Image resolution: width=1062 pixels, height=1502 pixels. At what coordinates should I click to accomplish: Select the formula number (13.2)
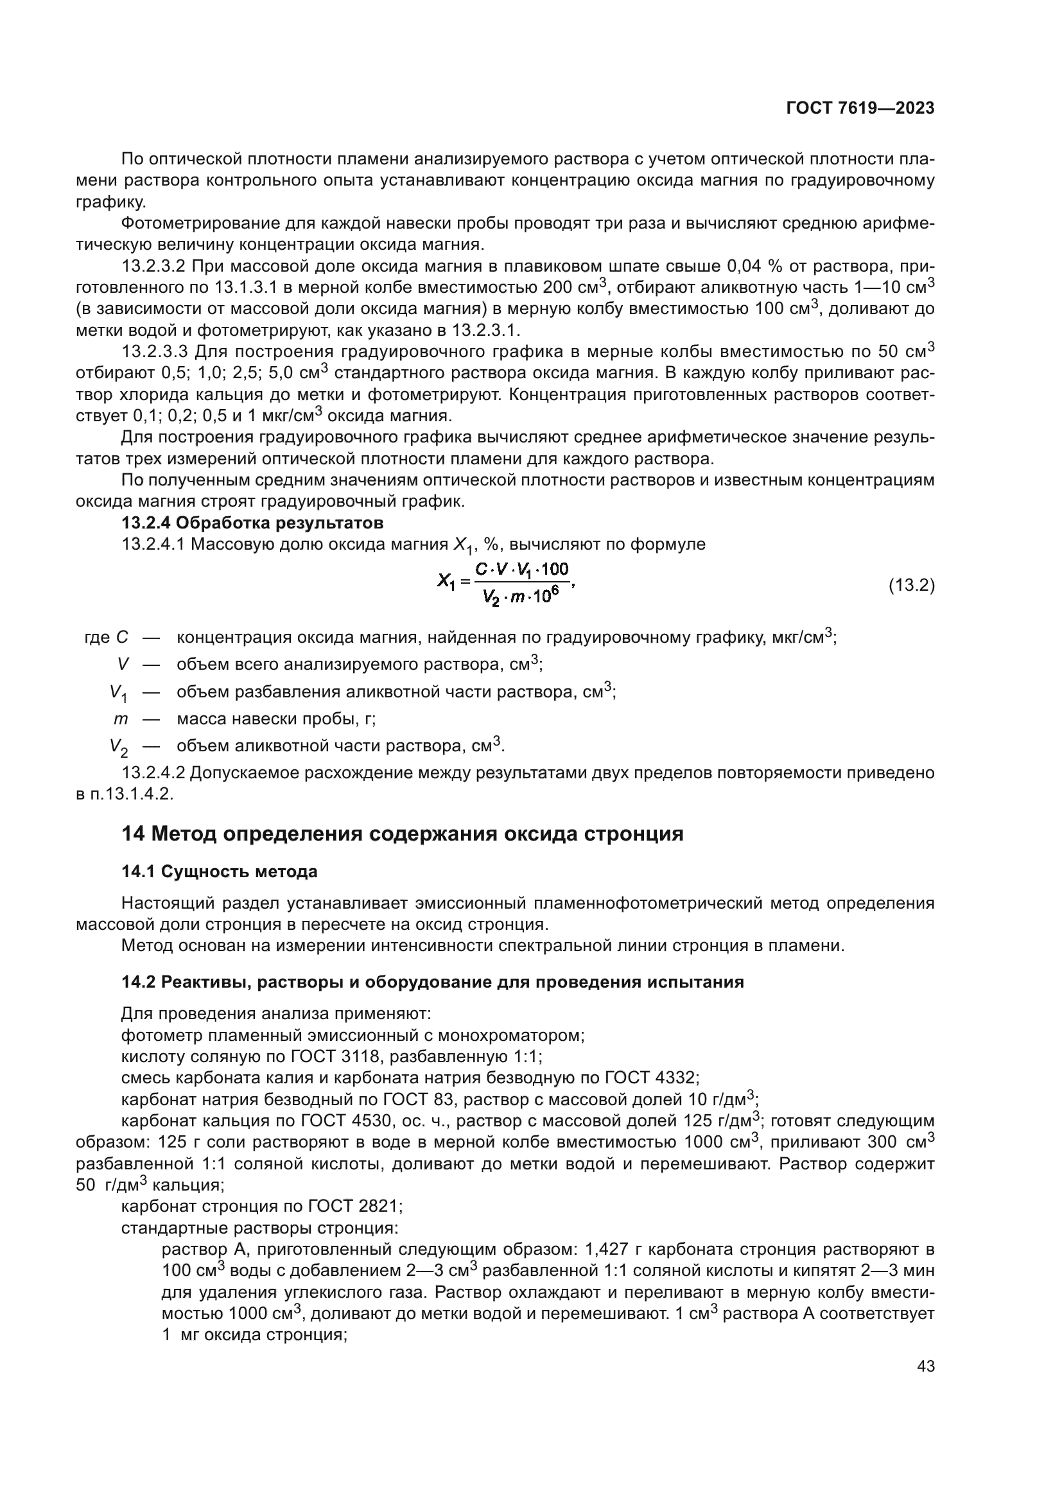pyautogui.click(x=911, y=586)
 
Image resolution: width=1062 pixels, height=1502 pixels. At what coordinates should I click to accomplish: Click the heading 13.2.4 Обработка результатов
pyautogui.click(x=252, y=523)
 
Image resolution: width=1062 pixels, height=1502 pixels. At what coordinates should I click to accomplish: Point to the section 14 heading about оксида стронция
pyautogui.click(x=402, y=834)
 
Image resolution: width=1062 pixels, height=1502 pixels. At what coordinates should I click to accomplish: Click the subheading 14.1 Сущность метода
pyautogui.click(x=219, y=871)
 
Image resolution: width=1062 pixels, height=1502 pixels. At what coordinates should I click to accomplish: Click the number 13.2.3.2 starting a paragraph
pyautogui.click(x=154, y=266)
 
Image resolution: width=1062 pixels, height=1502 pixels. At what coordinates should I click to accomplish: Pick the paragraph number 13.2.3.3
pyautogui.click(x=154, y=352)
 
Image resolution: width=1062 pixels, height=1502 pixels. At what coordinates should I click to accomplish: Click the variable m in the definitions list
pyautogui.click(x=120, y=719)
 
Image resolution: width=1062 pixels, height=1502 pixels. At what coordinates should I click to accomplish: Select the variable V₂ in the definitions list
pyautogui.click(x=118, y=746)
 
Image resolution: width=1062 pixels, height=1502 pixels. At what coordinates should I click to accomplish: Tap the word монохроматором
pyautogui.click(x=510, y=1035)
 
